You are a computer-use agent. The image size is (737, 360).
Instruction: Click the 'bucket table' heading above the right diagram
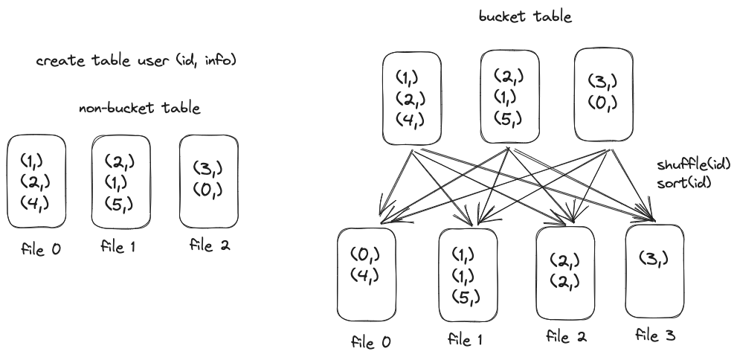tap(526, 16)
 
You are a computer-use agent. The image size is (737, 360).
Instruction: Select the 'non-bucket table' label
tap(140, 109)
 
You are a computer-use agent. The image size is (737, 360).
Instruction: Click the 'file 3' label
tap(654, 337)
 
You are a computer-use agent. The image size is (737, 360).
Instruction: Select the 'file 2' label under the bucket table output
tap(566, 335)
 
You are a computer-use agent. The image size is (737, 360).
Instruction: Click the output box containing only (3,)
tap(655, 271)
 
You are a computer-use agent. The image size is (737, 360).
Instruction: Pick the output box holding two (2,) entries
tap(565, 271)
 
